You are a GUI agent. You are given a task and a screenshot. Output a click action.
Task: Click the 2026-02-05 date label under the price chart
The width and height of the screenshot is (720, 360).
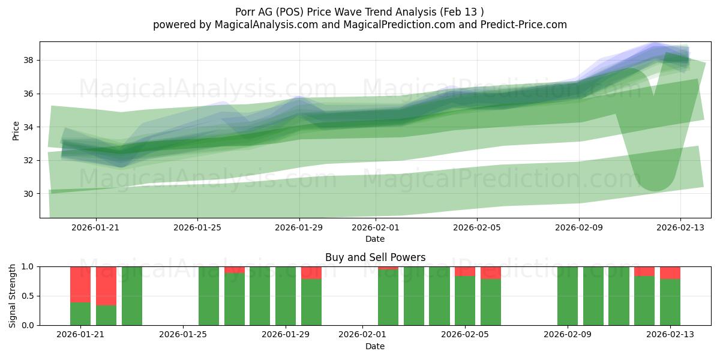pos(477,227)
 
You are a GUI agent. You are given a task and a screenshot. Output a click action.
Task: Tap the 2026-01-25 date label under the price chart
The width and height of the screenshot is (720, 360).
pos(198,227)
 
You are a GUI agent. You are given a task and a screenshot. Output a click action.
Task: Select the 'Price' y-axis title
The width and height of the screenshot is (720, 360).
pos(16,130)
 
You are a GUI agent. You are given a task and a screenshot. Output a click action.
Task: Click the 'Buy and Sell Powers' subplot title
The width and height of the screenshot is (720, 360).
pos(375,257)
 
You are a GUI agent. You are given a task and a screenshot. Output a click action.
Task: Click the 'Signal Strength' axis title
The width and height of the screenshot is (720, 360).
pos(13,296)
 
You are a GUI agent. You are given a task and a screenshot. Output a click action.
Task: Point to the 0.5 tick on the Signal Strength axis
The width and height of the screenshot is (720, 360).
pos(28,296)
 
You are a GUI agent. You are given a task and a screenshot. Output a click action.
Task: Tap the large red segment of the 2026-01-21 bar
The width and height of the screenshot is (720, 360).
pos(80,284)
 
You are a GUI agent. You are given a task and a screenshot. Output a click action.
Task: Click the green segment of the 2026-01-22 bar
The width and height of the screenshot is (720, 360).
pos(106,315)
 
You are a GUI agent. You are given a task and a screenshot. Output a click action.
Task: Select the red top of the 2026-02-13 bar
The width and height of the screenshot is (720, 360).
pos(670,272)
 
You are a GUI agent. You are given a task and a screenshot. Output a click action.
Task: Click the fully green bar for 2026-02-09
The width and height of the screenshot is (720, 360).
pos(568,296)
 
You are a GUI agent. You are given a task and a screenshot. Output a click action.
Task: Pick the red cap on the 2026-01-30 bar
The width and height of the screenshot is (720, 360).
pos(311,272)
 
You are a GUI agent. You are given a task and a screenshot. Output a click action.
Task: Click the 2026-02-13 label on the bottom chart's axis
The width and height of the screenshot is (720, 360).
pos(670,335)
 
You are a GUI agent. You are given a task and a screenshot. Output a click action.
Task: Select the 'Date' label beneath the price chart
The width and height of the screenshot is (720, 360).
pos(375,239)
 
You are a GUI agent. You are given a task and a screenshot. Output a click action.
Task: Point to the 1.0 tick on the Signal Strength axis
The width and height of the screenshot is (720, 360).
pos(28,266)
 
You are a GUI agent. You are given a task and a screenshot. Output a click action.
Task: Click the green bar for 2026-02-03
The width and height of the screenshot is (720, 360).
pos(414,296)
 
